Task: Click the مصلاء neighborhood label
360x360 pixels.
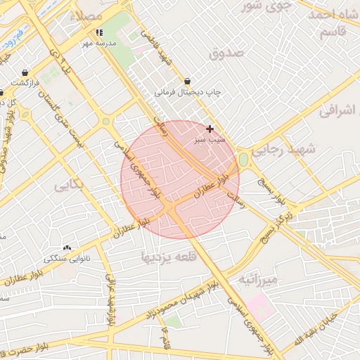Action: coord(93,15)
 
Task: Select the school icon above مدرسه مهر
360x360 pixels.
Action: coord(99,32)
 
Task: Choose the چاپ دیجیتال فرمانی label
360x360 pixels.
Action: coord(188,92)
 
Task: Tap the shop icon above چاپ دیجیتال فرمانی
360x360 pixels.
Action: coord(188,81)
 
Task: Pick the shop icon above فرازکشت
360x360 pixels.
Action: coord(25,72)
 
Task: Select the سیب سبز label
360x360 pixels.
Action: coord(210,141)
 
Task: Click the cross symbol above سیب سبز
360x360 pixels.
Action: coord(210,129)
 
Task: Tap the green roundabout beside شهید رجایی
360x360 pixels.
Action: coord(244,160)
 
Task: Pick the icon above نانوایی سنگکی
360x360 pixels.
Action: coord(67,247)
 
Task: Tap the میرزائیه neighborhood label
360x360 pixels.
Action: coord(258,280)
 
